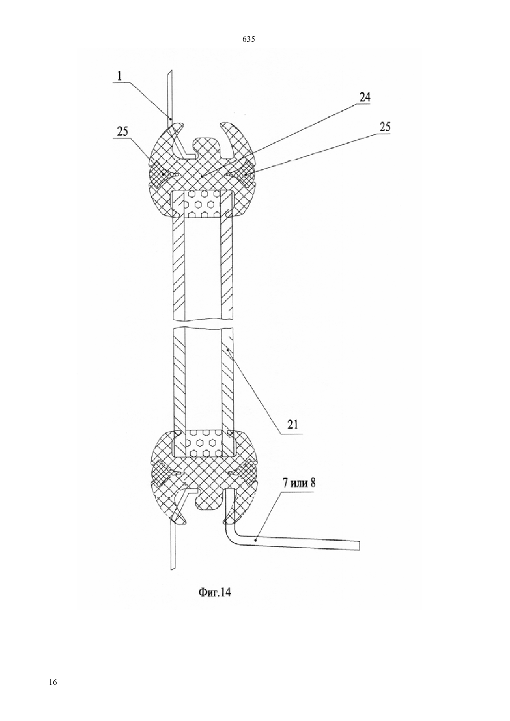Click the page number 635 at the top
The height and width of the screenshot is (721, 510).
248,39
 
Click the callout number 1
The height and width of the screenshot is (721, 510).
120,76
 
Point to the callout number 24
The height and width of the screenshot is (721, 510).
364,97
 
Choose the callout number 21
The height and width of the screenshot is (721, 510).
293,425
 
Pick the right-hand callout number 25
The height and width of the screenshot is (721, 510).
384,127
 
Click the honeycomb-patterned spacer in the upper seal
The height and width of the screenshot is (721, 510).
203,204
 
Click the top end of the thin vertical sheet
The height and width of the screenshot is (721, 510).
171,71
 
